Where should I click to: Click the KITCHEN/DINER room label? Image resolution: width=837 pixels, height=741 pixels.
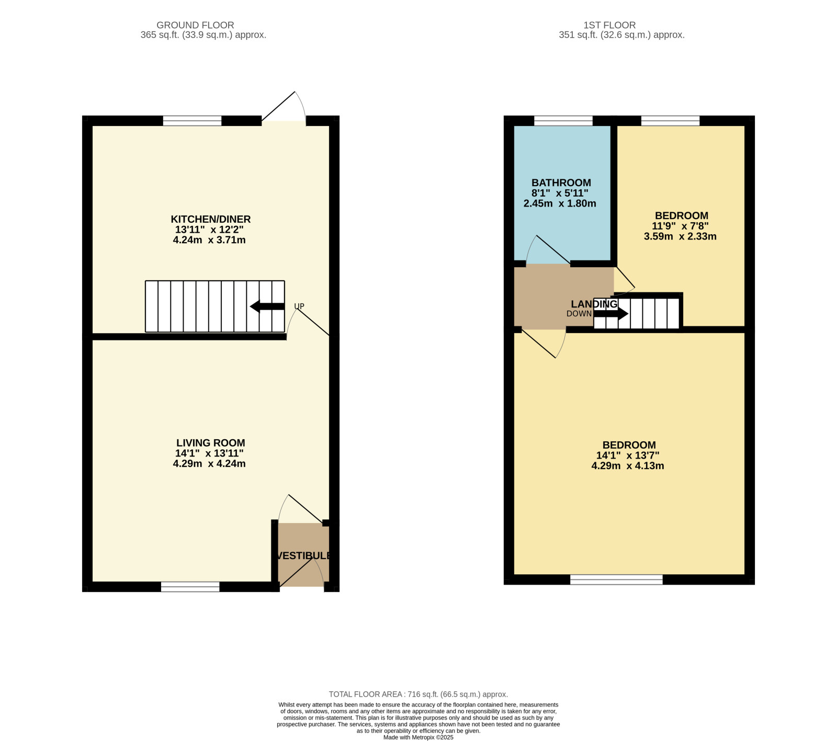211,219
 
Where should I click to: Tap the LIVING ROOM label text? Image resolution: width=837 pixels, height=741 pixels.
210,443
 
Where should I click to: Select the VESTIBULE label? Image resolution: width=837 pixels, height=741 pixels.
303,556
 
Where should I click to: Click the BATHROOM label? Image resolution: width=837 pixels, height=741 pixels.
561,183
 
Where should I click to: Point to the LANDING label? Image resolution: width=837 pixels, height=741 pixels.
594,304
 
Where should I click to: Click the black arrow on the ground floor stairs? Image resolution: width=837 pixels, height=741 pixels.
267,306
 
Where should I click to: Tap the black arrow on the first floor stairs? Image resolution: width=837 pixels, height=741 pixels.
611,314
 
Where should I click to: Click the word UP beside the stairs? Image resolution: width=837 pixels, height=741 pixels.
299,306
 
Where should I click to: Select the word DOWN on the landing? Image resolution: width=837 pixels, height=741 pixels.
579,314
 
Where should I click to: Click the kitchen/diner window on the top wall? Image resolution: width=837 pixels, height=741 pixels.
193,121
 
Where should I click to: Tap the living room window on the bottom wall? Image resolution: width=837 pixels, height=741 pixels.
190,587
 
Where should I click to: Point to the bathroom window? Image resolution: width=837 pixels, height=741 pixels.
563,121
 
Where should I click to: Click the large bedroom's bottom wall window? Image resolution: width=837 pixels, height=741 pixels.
616,579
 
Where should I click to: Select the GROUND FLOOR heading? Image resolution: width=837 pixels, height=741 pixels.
195,25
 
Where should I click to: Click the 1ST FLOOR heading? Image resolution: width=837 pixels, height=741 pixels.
609,25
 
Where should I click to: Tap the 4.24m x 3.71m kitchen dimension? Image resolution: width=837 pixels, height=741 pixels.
209,240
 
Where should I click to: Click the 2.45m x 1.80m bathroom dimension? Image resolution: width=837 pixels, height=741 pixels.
560,203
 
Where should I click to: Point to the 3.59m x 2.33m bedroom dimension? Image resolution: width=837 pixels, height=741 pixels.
680,236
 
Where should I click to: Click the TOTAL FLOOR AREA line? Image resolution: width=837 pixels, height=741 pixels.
418,694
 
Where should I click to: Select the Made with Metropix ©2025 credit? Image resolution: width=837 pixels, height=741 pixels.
418,737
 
